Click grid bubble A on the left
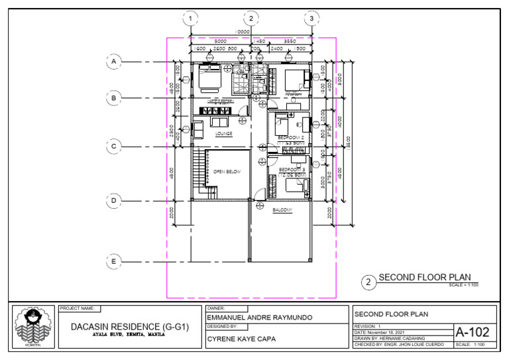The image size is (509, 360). point(114,62)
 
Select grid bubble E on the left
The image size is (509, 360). point(114,262)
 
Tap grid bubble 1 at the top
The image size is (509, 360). point(191,19)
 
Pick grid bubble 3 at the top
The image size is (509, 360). point(311,19)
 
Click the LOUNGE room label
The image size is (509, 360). point(224,133)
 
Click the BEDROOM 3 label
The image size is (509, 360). point(292,170)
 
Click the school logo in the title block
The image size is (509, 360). point(30,325)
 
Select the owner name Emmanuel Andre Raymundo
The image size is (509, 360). point(259,318)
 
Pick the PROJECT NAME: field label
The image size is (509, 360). point(80,308)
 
